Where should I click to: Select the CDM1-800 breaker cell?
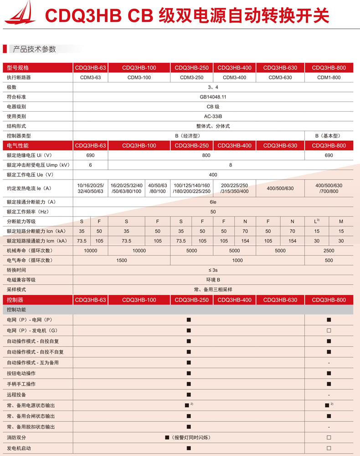[x=329, y=77]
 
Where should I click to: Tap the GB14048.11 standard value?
[x=213, y=97]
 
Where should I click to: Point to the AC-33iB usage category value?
[x=213, y=116]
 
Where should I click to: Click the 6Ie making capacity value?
[x=213, y=202]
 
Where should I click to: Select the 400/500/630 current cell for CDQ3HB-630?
[x=280, y=188]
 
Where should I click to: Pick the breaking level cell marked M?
[x=341, y=221]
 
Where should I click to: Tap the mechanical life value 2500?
[x=329, y=251]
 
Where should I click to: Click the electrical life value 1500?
[x=122, y=260]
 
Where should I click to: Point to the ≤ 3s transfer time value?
[x=213, y=270]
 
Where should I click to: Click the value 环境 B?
[x=213, y=280]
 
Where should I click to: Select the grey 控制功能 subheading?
[x=18, y=310]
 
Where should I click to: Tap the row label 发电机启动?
[x=19, y=448]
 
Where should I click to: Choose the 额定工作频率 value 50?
[x=213, y=212]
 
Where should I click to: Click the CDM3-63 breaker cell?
[x=90, y=77]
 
